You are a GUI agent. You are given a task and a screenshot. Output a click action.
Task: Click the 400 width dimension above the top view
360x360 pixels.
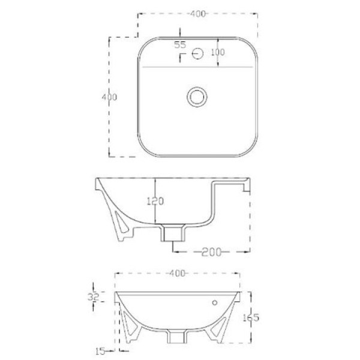(198, 14)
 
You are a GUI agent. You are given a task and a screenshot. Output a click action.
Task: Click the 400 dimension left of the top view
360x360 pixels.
(109, 97)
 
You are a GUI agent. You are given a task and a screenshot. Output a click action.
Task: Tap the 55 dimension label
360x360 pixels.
(180, 45)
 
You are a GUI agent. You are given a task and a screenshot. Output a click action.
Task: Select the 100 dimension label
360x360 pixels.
(218, 52)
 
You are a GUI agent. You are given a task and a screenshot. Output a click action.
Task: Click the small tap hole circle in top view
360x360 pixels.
(197, 54)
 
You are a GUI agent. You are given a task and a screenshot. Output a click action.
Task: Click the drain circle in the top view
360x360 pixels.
(197, 97)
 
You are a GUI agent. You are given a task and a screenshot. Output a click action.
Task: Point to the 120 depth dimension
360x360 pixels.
(155, 201)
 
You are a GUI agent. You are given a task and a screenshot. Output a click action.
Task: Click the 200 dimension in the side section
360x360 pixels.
(211, 252)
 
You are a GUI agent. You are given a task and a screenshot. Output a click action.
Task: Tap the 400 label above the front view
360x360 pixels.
(177, 273)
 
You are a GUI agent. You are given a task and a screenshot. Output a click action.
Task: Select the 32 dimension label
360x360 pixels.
(93, 297)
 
